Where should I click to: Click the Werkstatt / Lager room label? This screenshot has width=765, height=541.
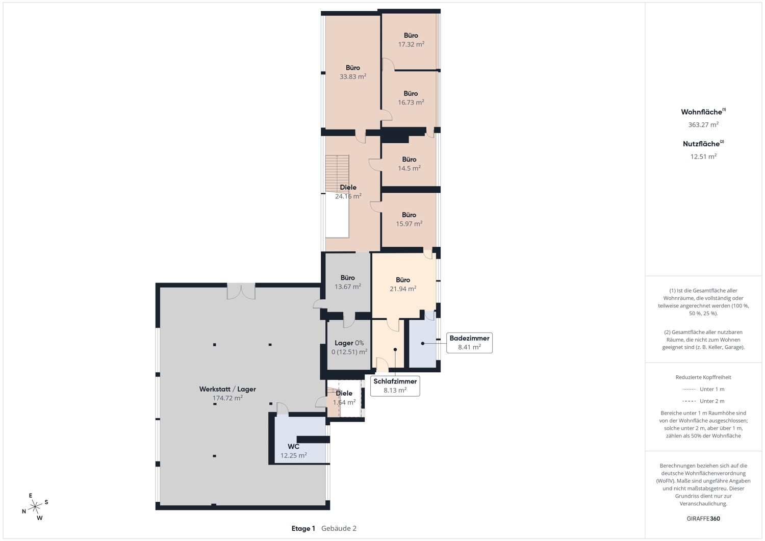[227, 389]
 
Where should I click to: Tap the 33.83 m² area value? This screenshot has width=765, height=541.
[353, 76]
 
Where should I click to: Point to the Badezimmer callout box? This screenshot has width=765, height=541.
[469, 343]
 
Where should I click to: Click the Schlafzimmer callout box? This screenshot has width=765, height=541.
[395, 386]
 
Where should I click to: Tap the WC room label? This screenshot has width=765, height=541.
[293, 446]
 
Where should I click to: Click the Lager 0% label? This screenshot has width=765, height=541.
[349, 343]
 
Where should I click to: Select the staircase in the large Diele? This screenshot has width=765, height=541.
[337, 174]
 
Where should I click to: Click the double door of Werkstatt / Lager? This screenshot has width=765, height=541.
[241, 291]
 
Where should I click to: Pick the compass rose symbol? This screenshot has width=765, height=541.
[35, 506]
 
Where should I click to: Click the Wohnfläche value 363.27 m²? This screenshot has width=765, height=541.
[703, 124]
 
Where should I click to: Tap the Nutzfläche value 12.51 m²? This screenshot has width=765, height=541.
[703, 157]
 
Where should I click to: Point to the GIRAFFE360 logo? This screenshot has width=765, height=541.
[703, 519]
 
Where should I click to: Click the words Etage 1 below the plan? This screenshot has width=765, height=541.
[303, 528]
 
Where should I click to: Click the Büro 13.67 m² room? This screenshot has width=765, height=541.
[348, 282]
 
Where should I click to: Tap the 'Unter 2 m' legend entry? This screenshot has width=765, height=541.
[703, 401]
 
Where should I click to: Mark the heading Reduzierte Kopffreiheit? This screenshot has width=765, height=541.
[703, 377]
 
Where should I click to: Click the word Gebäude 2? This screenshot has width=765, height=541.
[339, 528]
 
